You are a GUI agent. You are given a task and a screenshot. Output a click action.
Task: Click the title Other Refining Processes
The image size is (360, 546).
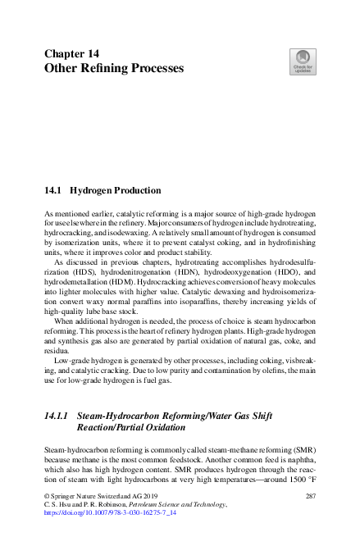113,69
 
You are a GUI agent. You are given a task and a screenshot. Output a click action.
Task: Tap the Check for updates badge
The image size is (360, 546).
301,64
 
